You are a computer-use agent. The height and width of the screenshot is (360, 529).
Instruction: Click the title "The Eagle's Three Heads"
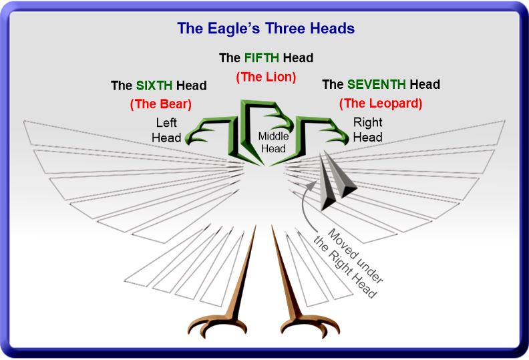click(266, 28)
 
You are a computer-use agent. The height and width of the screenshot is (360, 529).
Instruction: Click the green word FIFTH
click(262, 58)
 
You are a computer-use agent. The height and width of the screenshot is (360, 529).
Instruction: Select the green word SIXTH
click(154, 85)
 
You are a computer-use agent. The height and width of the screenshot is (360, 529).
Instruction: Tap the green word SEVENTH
click(377, 84)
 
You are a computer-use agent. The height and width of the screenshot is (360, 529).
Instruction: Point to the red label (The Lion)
click(266, 77)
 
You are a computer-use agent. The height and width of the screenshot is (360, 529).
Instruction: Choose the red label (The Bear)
click(161, 104)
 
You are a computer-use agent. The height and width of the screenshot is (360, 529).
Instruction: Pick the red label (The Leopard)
click(381, 104)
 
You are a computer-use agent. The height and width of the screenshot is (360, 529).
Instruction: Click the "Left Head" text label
click(166, 130)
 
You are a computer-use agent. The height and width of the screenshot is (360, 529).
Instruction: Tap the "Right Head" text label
click(368, 130)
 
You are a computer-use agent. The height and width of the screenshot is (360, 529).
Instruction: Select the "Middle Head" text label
click(273, 142)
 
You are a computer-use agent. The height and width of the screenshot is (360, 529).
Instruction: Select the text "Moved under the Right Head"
click(349, 263)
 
